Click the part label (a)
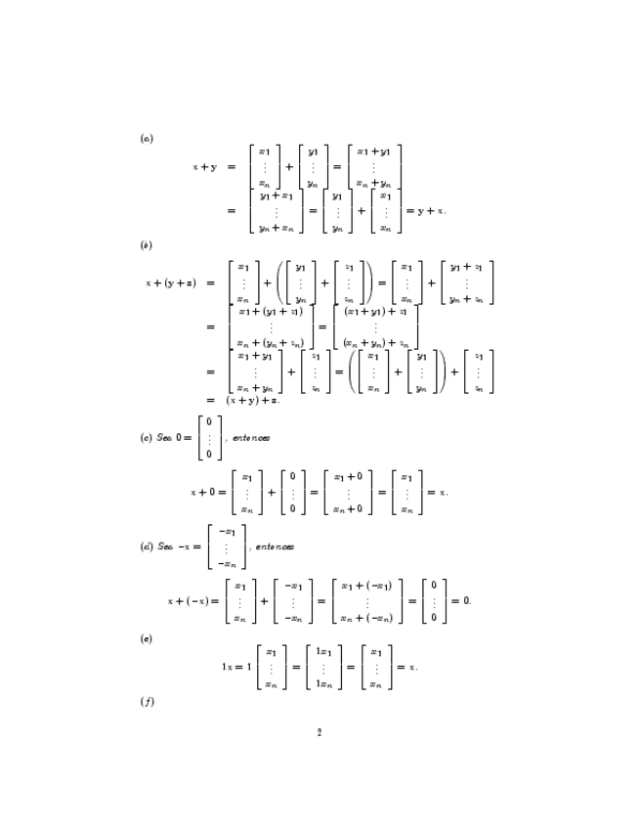(x=146, y=138)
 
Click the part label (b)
(x=146, y=244)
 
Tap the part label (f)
(x=146, y=700)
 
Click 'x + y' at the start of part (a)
(x=204, y=167)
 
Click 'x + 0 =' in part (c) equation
(x=210, y=493)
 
